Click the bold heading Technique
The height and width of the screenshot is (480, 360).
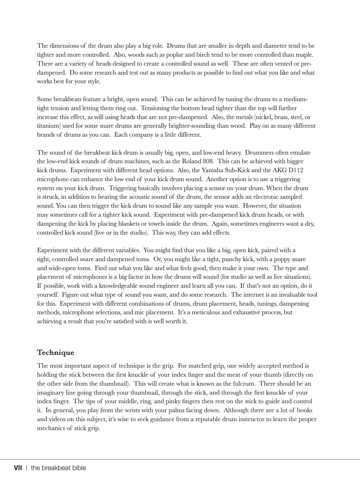click(x=55, y=353)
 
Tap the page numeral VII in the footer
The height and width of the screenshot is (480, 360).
click(x=18, y=468)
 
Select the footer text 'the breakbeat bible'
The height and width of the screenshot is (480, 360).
click(x=59, y=468)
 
